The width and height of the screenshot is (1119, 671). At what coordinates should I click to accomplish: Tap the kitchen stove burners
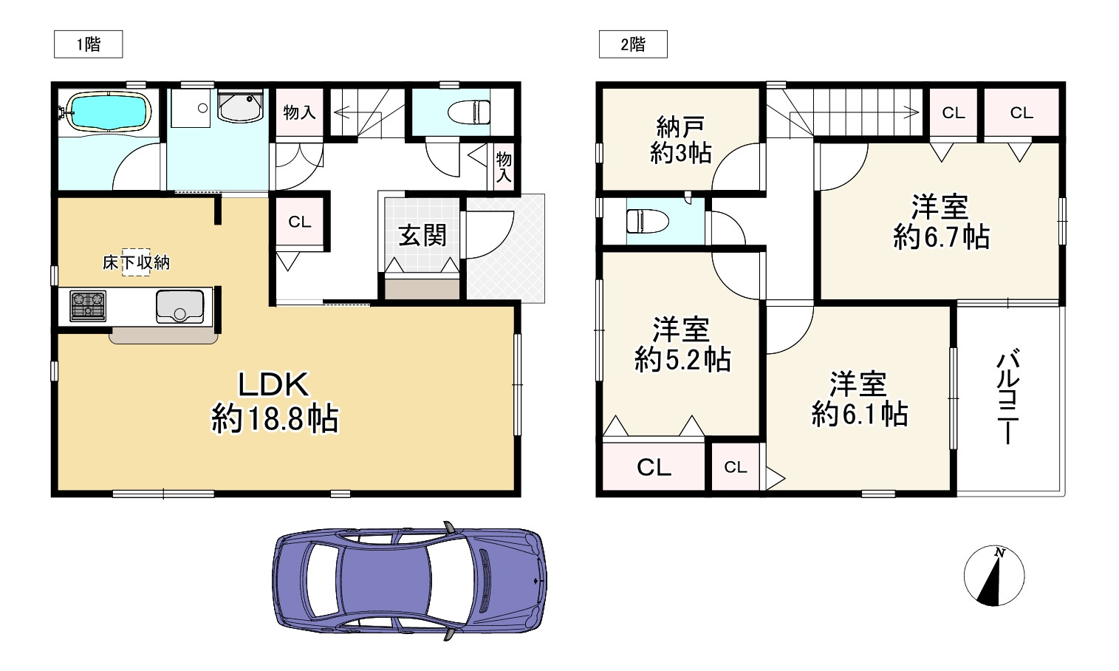coord(88,306)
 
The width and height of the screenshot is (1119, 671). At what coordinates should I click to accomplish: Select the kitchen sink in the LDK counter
coord(179,306)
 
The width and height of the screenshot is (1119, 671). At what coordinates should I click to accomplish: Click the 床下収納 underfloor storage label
coord(136,262)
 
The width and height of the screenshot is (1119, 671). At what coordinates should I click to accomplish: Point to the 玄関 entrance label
coord(422,236)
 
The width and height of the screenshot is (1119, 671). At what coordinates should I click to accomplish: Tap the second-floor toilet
coord(647,221)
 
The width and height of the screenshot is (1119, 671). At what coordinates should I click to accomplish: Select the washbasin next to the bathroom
coord(240,108)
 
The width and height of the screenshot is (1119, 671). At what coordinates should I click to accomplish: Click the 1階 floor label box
coord(88,44)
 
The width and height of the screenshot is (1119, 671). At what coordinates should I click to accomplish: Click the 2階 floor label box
coord(632,44)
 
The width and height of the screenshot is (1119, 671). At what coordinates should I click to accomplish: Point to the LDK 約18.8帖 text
coord(275,403)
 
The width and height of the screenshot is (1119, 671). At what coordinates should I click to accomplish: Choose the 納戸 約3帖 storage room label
coord(680,140)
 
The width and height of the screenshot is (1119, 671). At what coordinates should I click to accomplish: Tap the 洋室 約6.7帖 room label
coord(940,222)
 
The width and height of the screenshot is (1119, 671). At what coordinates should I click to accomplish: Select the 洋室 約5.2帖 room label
coord(682,344)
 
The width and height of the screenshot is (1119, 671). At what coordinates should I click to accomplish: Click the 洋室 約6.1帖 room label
coord(859,400)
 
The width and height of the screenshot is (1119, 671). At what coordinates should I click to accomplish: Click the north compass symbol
coord(994,576)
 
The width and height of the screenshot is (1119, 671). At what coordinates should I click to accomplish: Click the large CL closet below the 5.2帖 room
coord(654,467)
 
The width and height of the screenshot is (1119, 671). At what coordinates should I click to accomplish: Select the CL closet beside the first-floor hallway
coord(299,222)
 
